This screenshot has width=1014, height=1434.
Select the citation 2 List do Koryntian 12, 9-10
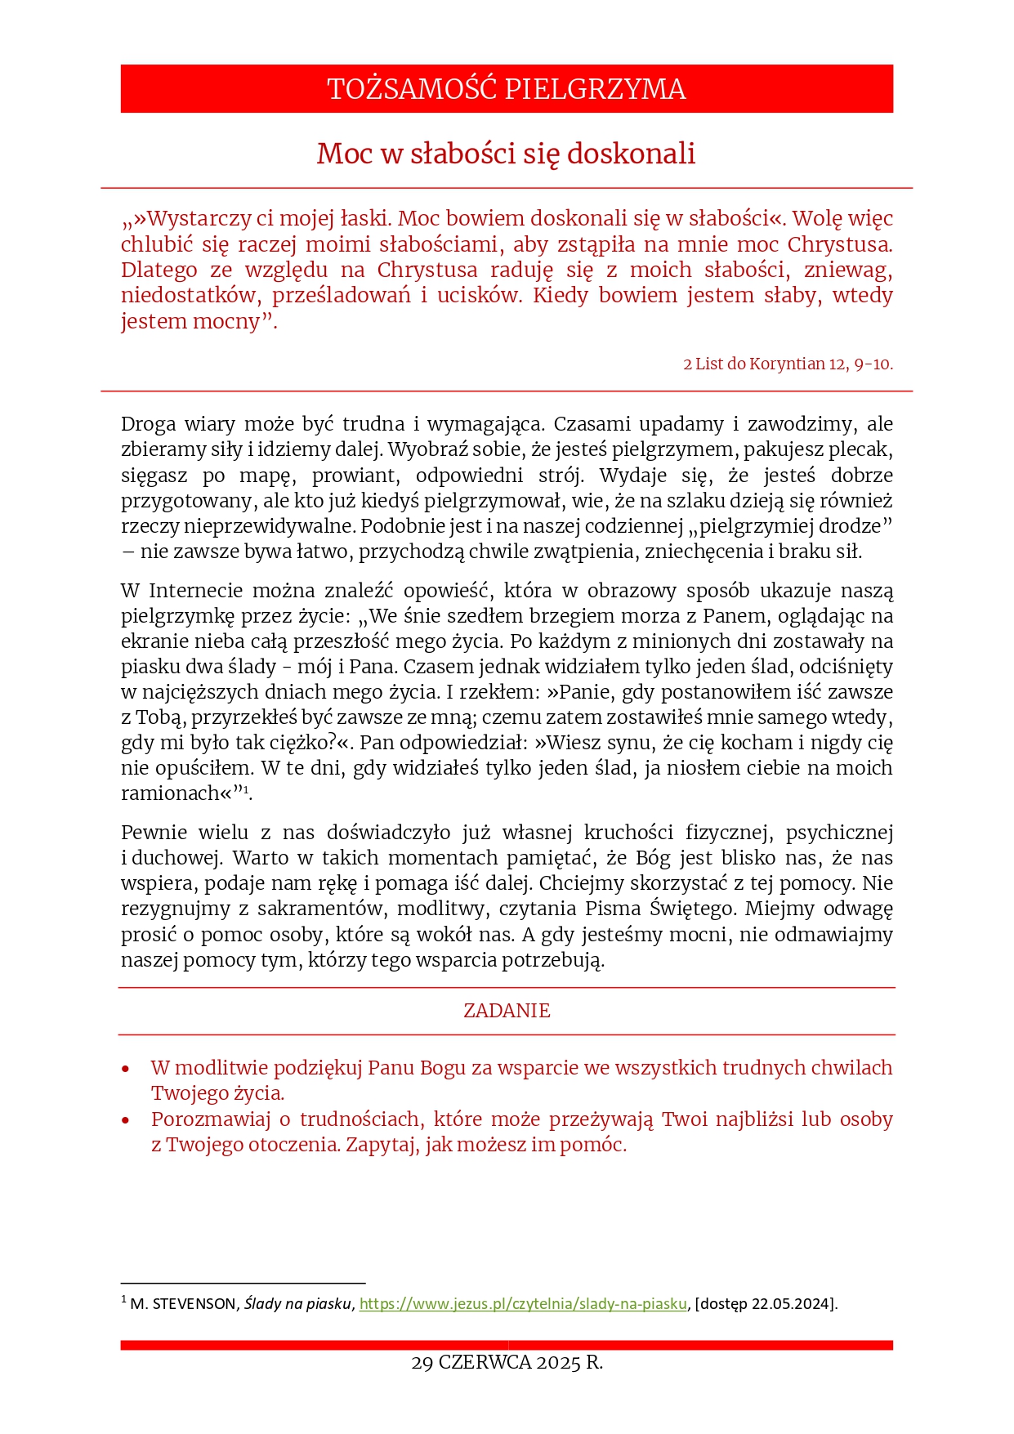coord(788,364)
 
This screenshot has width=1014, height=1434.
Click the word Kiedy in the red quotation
coord(560,296)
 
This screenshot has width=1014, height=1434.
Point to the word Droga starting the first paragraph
coord(148,424)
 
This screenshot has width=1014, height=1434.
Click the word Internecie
coord(195,591)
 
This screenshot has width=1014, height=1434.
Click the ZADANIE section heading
coord(507,1011)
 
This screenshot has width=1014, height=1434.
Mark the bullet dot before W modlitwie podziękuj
coord(126,1070)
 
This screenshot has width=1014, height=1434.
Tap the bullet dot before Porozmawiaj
coord(126,1120)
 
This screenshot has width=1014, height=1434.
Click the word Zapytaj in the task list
coord(381,1145)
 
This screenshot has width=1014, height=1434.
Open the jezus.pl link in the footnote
coord(523,1304)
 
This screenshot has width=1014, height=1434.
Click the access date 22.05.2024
coord(791,1304)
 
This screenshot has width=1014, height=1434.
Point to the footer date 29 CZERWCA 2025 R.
coord(507,1363)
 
